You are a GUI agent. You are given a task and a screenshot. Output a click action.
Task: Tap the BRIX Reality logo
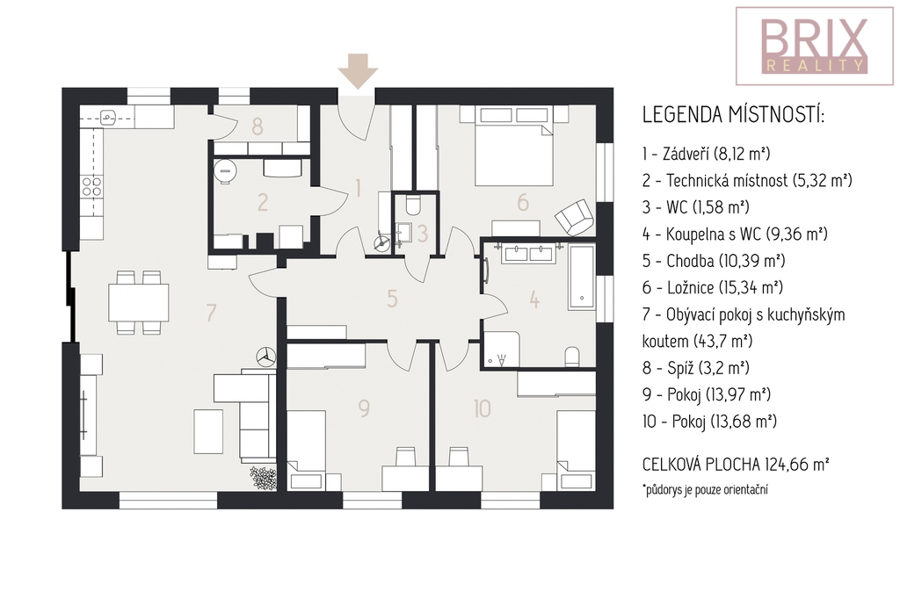(x=815, y=46)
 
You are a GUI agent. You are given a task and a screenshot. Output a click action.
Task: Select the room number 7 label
(x=211, y=313)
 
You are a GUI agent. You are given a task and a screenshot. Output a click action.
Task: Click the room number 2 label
(x=263, y=203)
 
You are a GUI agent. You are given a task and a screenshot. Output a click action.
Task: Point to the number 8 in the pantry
(x=258, y=126)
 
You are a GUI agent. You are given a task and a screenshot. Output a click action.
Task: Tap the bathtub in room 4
(x=582, y=278)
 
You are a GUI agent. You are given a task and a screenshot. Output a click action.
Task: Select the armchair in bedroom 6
(x=573, y=218)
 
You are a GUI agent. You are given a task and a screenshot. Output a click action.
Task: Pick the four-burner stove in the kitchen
(x=91, y=187)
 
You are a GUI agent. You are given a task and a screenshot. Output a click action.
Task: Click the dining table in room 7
(x=138, y=302)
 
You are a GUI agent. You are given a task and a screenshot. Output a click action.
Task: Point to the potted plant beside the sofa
(x=264, y=479)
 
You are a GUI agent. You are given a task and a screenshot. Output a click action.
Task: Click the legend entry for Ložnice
(x=713, y=287)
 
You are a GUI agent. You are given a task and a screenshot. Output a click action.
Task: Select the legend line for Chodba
(x=714, y=261)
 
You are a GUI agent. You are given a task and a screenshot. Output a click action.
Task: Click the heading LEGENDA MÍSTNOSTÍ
(x=734, y=115)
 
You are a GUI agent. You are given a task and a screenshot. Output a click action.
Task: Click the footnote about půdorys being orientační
(x=705, y=490)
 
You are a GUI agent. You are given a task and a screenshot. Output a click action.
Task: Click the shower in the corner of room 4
(x=502, y=349)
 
